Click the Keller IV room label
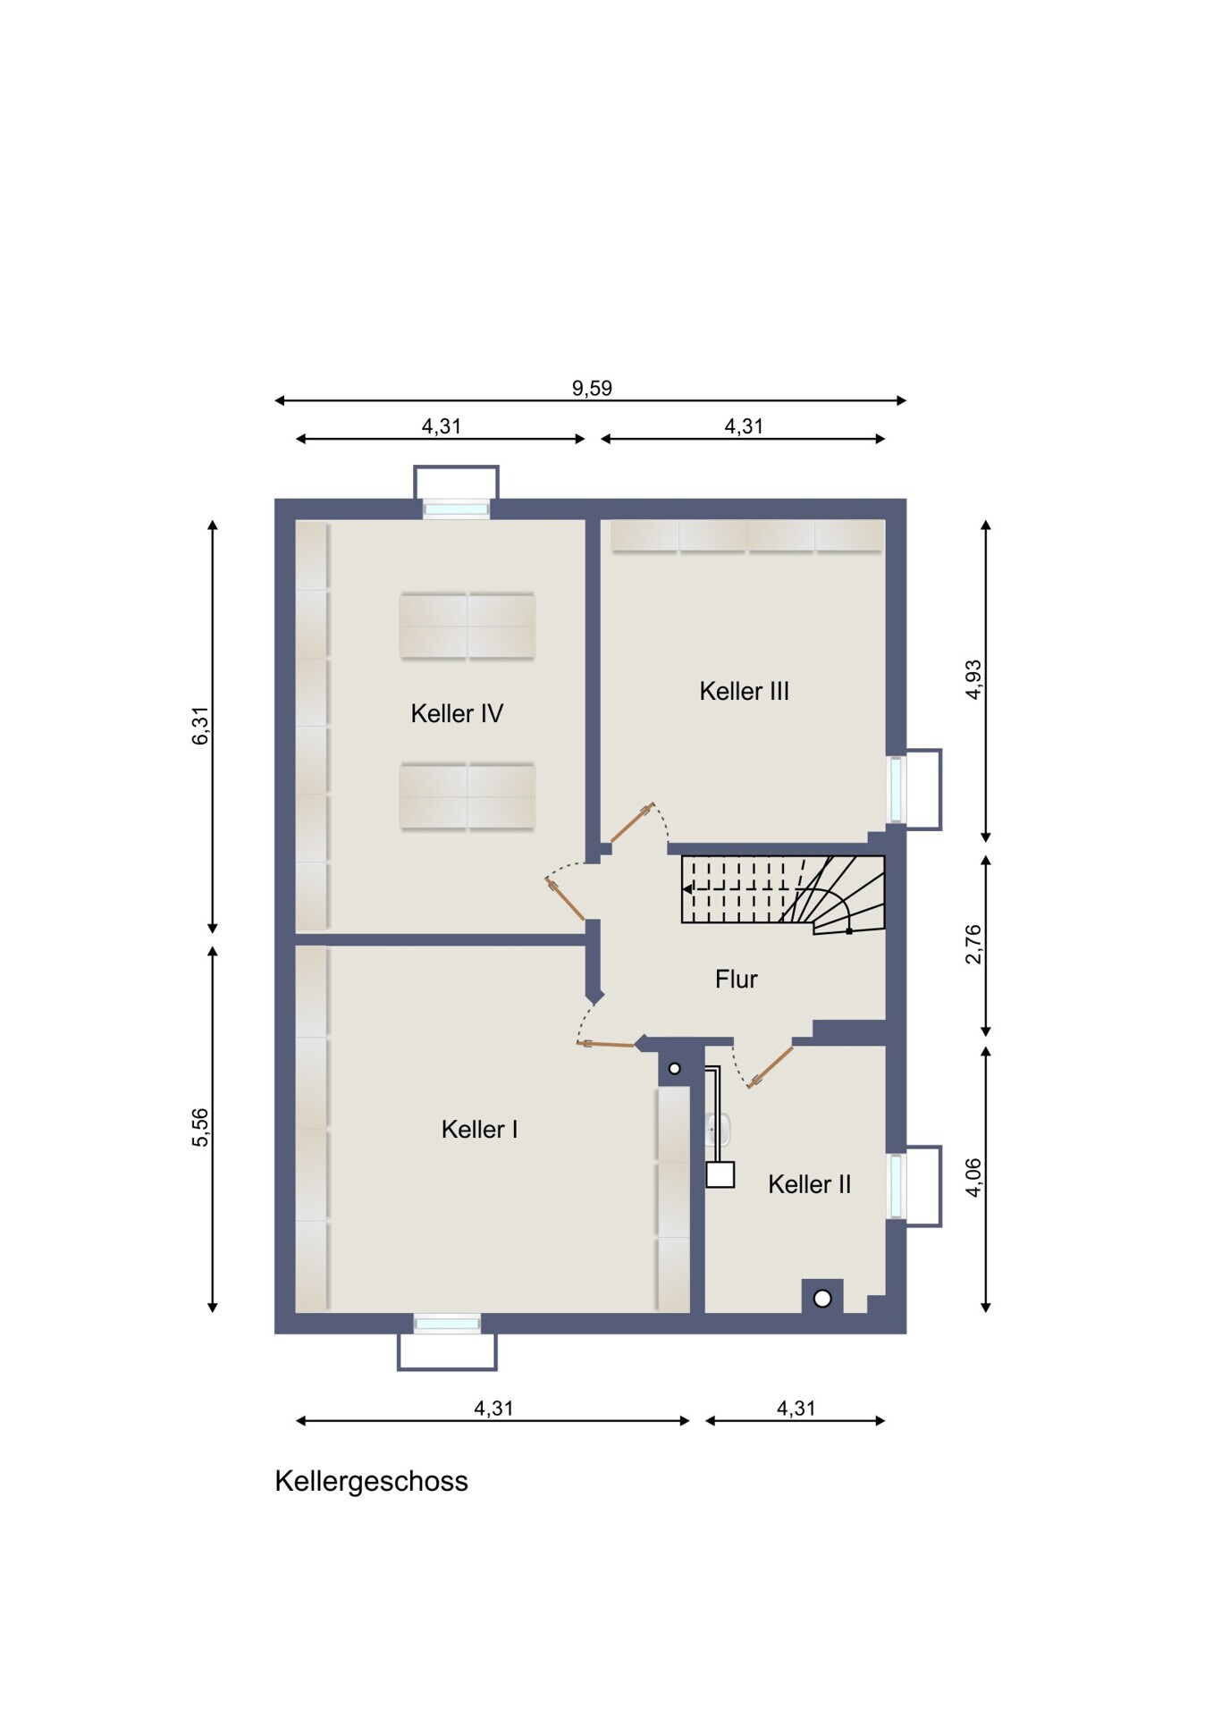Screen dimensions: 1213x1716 point(457,713)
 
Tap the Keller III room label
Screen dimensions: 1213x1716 point(744,691)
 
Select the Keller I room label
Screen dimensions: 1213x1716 point(479,1129)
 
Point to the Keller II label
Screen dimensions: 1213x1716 point(809,1184)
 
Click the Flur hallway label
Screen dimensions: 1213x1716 point(736,980)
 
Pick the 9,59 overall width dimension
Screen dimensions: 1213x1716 point(592,388)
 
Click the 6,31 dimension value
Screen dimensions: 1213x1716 point(201,725)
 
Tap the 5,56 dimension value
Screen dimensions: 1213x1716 point(201,1127)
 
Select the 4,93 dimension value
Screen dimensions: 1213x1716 point(973,679)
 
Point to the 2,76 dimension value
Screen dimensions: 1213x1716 point(973,944)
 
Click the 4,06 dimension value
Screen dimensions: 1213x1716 point(973,1177)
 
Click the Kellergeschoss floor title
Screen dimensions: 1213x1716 point(371,1481)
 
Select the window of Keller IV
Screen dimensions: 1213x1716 point(456,509)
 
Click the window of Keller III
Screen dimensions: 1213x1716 point(896,789)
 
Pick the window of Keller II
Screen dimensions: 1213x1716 point(896,1186)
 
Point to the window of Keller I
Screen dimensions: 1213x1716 point(447,1324)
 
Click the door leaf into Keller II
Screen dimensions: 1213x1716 point(771,1066)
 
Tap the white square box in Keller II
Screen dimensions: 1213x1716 point(720,1174)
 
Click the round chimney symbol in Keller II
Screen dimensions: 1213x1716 point(822,1299)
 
